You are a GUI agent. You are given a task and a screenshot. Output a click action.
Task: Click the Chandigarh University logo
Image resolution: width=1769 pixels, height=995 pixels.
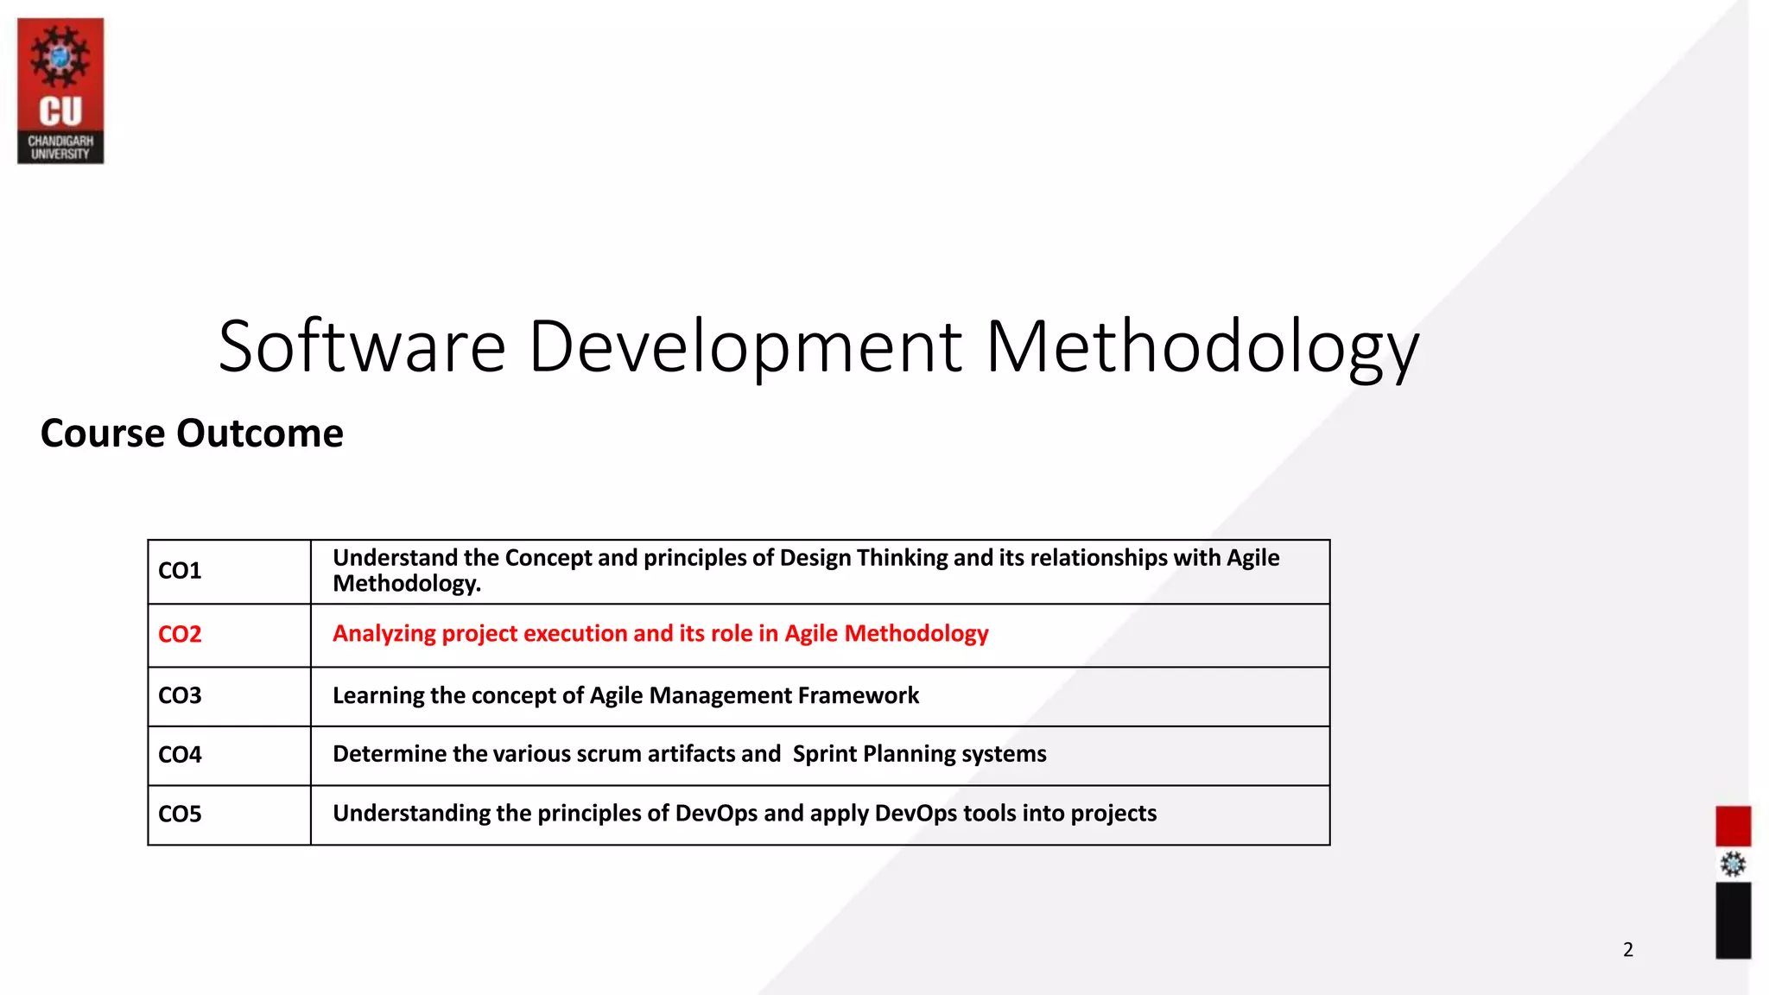coord(60,91)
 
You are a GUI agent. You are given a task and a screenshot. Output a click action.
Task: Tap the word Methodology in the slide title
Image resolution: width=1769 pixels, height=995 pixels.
coord(1202,346)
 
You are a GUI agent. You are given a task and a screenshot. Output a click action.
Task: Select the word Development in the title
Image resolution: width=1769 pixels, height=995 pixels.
coord(745,346)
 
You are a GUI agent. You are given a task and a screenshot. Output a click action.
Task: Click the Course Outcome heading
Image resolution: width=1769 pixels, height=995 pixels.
coord(192,433)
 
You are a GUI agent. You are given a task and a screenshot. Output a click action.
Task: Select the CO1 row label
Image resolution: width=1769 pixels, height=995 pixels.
coord(180,571)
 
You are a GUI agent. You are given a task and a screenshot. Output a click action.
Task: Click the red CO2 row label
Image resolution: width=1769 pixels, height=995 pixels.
coord(180,634)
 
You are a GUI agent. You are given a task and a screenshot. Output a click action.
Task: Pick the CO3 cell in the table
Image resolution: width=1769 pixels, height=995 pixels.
coord(180,695)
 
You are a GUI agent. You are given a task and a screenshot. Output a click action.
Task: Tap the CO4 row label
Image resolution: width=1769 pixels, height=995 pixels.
coord(180,755)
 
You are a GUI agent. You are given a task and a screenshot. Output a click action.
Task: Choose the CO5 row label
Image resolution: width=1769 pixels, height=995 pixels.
coord(180,814)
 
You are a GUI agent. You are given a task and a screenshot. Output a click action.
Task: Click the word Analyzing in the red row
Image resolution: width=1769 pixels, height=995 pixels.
coord(384,634)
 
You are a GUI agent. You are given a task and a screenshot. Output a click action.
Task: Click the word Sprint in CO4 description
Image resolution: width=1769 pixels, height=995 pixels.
coord(824,754)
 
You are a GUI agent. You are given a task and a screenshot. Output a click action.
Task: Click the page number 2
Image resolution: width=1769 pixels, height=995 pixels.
coord(1628,950)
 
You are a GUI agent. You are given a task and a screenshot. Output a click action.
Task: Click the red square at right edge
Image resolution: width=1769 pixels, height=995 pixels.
coord(1733,826)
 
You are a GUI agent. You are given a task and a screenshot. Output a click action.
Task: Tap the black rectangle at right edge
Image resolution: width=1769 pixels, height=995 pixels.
coord(1733,920)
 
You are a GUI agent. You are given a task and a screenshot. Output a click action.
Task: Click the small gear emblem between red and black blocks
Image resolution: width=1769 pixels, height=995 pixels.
coord(1733,864)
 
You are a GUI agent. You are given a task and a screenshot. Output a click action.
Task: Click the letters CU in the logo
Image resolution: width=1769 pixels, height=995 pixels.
coord(60,111)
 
